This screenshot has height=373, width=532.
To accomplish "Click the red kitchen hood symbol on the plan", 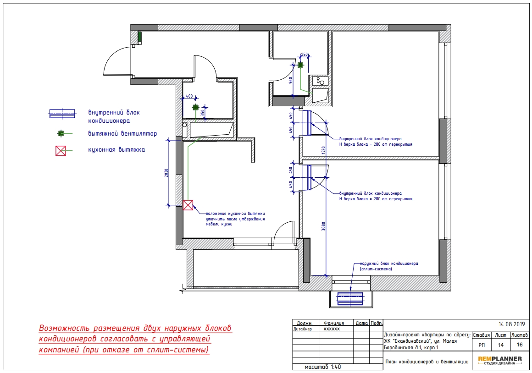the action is coord(188,205).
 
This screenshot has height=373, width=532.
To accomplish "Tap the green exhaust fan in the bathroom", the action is coord(195,108).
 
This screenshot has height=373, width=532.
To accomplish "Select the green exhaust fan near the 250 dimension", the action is coord(300,65).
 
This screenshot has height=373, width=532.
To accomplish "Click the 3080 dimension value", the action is coord(323,226).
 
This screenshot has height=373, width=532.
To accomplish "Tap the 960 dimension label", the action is coord(290,81).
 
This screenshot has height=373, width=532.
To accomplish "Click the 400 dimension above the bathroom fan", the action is coord(189,96).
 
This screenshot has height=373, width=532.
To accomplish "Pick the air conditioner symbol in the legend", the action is coord(62,114).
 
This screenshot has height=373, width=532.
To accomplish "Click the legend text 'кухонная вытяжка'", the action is coord(116,149).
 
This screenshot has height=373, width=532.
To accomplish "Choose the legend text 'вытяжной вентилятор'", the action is coord(122,134).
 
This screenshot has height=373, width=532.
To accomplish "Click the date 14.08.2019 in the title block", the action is coord(512,324).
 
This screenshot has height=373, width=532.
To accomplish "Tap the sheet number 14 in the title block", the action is coord(500,345).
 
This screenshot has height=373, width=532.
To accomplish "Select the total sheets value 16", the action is coord(520,345).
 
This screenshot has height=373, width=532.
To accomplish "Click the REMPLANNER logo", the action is coord(500,361).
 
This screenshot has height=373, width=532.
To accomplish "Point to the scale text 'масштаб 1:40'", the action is coord(323,367).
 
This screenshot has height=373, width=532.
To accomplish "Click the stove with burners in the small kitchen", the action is coord(320,81).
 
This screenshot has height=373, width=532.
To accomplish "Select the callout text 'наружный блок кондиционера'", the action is coord(389,263).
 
